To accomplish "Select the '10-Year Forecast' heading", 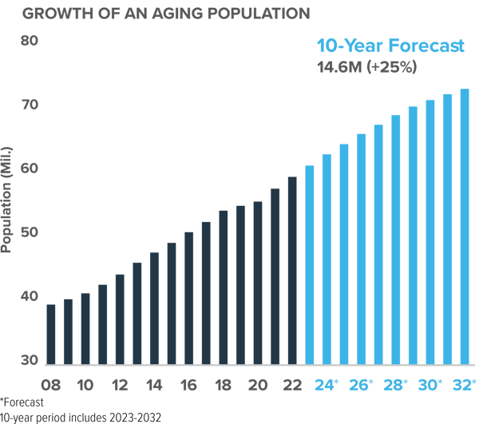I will (x=390, y=46).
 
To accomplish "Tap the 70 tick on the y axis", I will (x=30, y=105).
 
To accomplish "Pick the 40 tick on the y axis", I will (x=30, y=296).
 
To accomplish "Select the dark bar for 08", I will (x=51, y=334).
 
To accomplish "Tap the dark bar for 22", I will (x=292, y=270).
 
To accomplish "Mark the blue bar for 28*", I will (x=395, y=240).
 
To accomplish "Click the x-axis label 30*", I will (x=430, y=384).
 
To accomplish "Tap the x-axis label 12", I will (x=120, y=384).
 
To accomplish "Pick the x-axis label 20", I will (x=258, y=384).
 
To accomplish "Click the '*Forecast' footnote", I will (x=22, y=402).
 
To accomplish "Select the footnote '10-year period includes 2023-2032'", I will (x=80, y=417).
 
